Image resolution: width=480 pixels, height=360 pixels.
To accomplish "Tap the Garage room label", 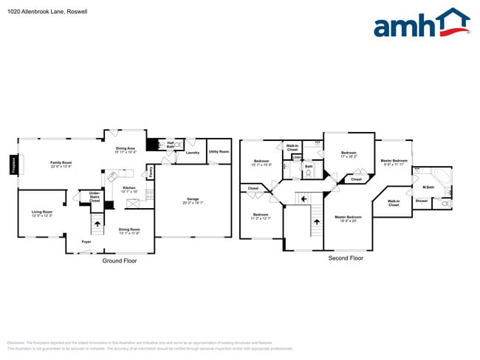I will click(193, 201).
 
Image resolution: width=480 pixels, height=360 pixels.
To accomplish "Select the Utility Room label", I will click(219, 151).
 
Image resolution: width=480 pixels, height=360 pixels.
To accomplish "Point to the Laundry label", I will click(193, 153).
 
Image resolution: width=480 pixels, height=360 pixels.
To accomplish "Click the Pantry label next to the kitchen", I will click(150, 172).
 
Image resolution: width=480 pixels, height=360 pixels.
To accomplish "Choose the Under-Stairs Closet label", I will click(95, 197).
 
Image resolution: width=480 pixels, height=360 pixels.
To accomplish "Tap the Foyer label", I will click(86, 241).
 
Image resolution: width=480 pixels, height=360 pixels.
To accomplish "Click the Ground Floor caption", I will click(119, 260).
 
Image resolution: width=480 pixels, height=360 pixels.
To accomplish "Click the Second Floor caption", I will click(346, 258).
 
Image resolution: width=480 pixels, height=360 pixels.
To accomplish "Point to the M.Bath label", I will click(428, 187).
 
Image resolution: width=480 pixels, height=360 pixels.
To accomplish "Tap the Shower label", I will click(421, 201).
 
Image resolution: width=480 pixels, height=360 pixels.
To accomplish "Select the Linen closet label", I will click(296, 157).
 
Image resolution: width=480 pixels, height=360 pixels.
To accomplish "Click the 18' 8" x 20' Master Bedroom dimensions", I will click(347, 221).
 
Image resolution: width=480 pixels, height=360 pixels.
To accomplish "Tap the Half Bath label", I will click(171, 145).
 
